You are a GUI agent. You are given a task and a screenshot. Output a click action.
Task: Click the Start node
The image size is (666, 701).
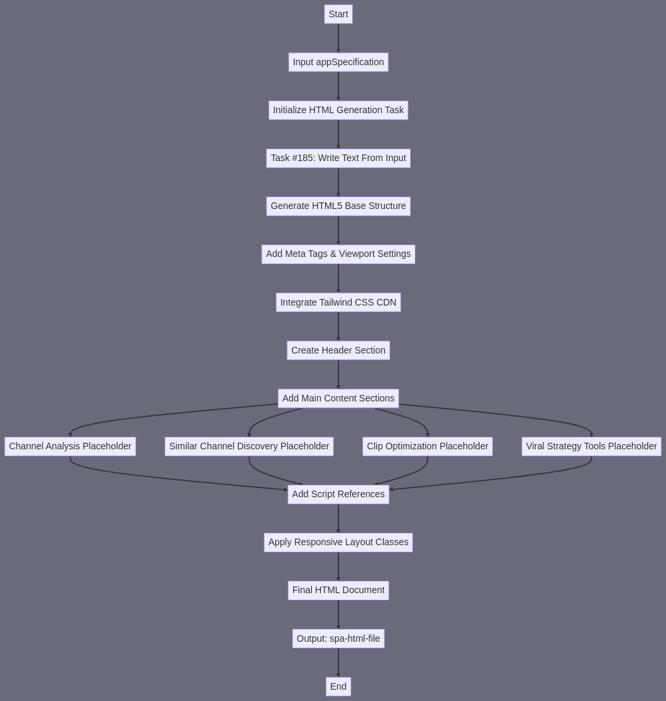(x=338, y=14)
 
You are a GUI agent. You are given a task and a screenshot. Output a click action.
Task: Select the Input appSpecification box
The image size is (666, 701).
(x=338, y=62)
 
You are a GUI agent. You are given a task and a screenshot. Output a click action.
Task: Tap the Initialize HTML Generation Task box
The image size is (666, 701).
(x=338, y=110)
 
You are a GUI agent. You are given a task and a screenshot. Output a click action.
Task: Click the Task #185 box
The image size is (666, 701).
(x=338, y=158)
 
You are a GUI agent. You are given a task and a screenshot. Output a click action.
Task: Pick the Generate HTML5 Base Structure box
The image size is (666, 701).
(x=338, y=206)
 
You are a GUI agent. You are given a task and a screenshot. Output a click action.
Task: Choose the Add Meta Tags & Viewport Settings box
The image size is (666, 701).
(x=338, y=254)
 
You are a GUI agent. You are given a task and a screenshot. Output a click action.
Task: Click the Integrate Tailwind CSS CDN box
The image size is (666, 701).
(x=338, y=302)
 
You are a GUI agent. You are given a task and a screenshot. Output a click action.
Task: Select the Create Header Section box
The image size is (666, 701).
(x=338, y=350)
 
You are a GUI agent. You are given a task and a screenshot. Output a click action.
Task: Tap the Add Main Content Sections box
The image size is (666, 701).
(x=338, y=398)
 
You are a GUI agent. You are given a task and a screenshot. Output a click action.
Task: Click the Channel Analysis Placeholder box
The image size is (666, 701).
(x=70, y=446)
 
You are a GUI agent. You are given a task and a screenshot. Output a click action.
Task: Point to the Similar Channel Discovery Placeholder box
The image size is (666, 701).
(x=249, y=446)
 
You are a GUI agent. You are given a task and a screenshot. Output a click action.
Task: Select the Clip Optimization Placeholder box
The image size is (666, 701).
(x=428, y=446)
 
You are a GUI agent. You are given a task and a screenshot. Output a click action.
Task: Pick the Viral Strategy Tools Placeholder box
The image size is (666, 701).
(x=591, y=446)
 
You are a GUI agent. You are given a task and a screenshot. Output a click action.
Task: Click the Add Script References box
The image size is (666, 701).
(x=338, y=495)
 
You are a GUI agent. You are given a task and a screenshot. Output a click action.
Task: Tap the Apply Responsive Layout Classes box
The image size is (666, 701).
(x=338, y=543)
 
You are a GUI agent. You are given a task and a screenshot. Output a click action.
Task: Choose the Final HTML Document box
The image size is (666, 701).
(x=338, y=590)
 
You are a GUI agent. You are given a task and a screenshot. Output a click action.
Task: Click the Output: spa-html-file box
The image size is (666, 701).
(x=338, y=638)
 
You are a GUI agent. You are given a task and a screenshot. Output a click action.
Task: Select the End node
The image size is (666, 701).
(x=338, y=686)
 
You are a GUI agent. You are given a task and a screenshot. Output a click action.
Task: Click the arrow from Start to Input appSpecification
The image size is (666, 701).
(x=338, y=38)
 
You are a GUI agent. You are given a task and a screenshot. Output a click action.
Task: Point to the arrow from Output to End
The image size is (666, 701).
(x=338, y=662)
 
